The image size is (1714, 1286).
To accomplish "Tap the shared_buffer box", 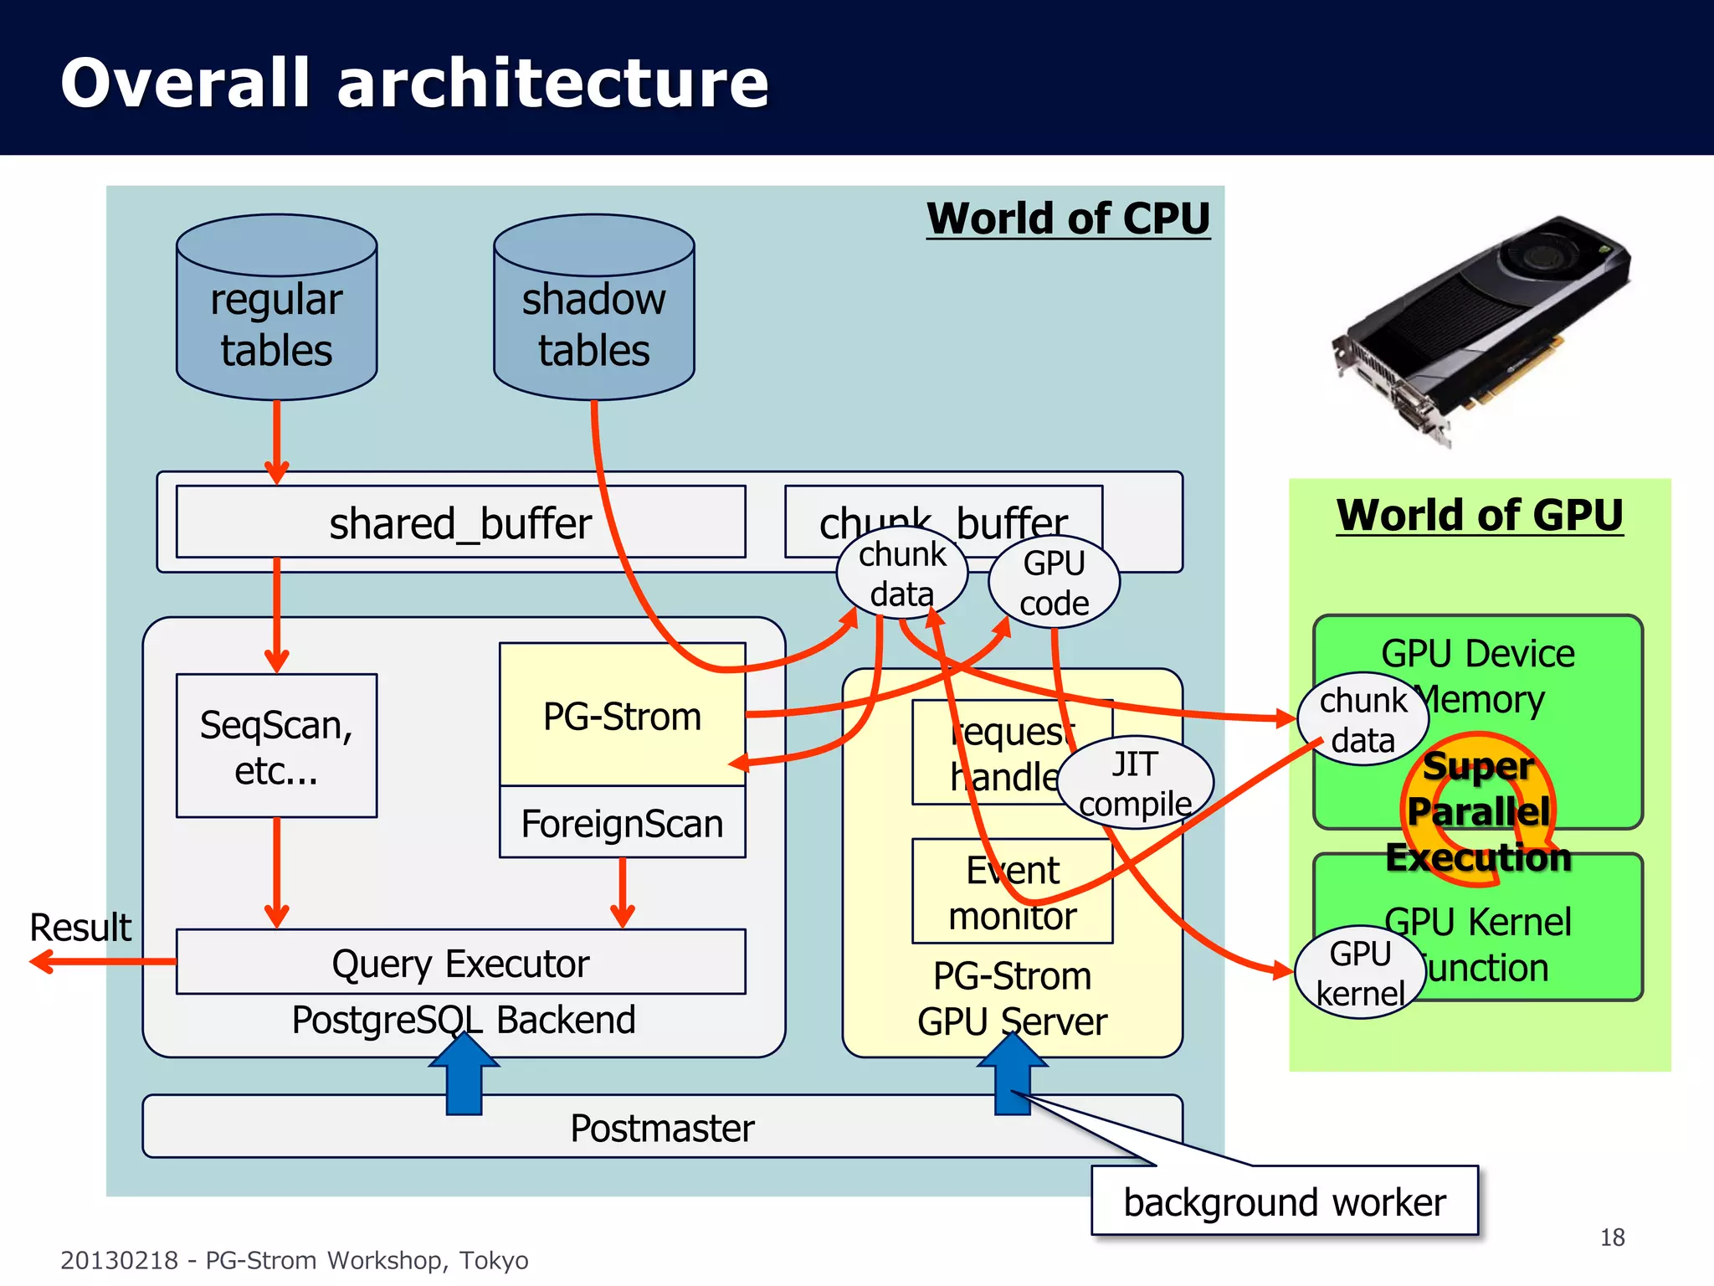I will pyautogui.click(x=460, y=522).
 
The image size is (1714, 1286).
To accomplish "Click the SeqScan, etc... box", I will pyautogui.click(x=276, y=746).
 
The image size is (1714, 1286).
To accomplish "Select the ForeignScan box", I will pyautogui.click(x=622, y=823).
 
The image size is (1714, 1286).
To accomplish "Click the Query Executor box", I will pyautogui.click(x=460, y=963).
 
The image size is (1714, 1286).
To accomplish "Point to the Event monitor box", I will pyautogui.click(x=1012, y=892).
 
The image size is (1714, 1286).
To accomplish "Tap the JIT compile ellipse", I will pyautogui.click(x=1136, y=784).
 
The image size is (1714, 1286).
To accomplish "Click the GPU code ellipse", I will pyautogui.click(x=1054, y=583).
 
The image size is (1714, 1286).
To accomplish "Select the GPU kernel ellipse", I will pyautogui.click(x=1360, y=972).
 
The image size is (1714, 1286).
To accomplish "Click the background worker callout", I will pyautogui.click(x=1285, y=1201).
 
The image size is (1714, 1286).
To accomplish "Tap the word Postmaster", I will pyautogui.click(x=662, y=1128).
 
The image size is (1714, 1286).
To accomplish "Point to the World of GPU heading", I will pyautogui.click(x=1479, y=515).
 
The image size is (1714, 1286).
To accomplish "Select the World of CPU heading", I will pyautogui.click(x=1068, y=219).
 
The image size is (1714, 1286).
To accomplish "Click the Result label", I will pyautogui.click(x=80, y=928).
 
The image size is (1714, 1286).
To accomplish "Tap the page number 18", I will pyautogui.click(x=1612, y=1237).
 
